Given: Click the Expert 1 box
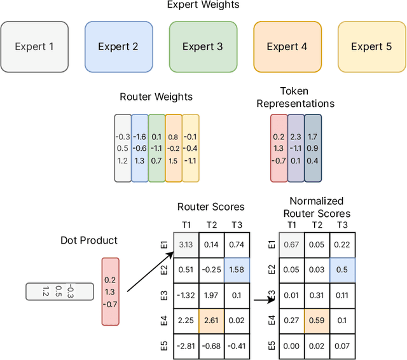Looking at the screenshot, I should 34,46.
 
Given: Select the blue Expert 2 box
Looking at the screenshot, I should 118,46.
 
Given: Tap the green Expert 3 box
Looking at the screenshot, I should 203,46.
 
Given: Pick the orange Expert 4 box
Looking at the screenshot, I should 287,46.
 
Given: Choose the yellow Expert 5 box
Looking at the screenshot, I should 371,46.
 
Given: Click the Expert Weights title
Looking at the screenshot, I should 203,5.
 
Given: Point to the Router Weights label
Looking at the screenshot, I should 156,97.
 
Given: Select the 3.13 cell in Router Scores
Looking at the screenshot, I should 186,244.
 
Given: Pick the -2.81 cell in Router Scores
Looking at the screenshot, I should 186,346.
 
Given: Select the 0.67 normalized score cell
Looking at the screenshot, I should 292,244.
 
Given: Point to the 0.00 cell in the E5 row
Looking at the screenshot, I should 292,346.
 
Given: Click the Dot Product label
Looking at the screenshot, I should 89,240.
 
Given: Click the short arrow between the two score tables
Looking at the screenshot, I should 261,300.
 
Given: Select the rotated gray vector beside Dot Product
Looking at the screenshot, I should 58,291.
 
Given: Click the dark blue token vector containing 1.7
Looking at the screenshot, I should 313,148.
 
